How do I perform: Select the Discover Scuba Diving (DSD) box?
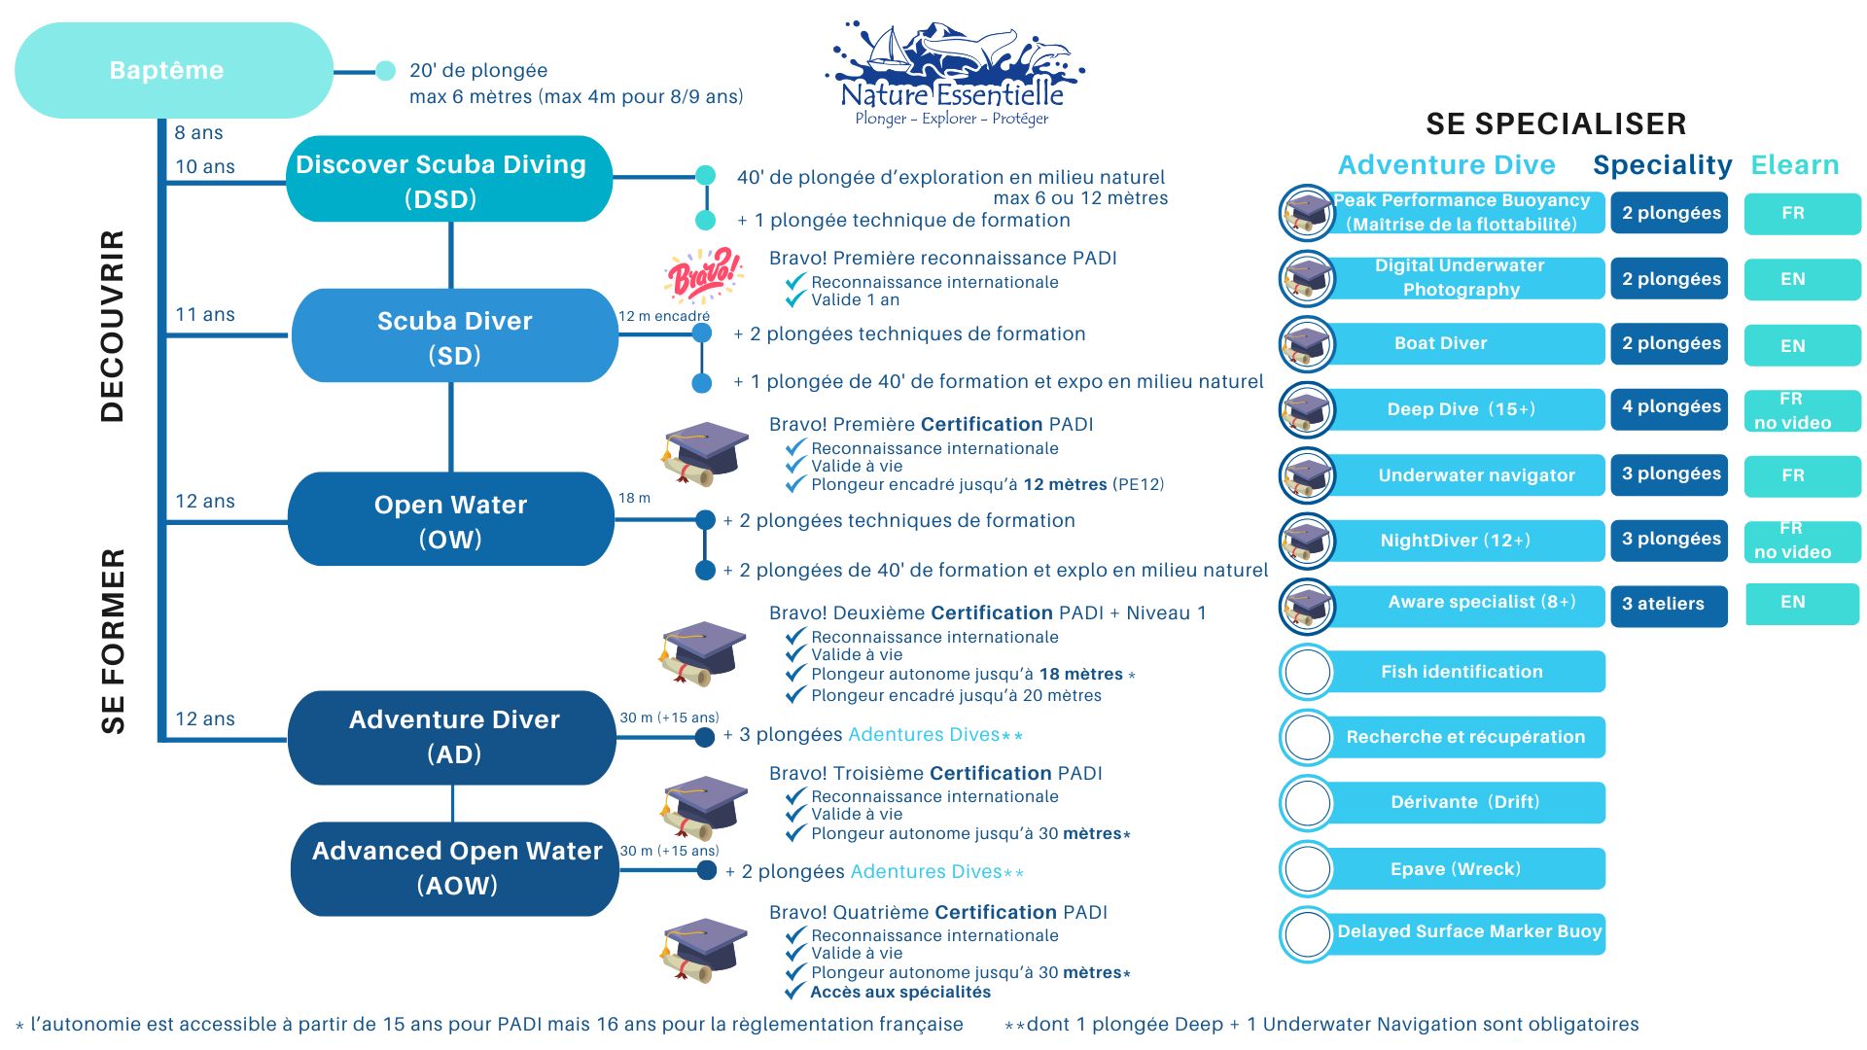(x=448, y=180)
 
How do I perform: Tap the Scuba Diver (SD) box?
(x=454, y=336)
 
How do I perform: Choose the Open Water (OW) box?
(x=450, y=520)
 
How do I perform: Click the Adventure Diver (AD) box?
(x=452, y=737)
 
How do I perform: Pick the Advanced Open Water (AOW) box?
(x=455, y=868)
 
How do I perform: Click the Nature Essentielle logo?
(x=953, y=74)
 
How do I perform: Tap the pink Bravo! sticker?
(x=703, y=275)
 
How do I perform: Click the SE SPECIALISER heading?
(x=1555, y=123)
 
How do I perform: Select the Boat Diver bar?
(x=1463, y=344)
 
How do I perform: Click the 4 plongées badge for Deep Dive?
(x=1670, y=407)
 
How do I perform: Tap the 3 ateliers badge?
(x=1669, y=605)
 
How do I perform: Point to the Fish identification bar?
(x=1463, y=672)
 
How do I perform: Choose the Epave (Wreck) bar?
(x=1463, y=869)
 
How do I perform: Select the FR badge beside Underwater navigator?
(x=1801, y=475)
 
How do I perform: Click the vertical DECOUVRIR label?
(x=113, y=326)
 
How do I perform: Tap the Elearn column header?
(x=1795, y=165)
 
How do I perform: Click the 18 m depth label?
(x=634, y=499)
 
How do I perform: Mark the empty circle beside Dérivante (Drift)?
(x=1307, y=803)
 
